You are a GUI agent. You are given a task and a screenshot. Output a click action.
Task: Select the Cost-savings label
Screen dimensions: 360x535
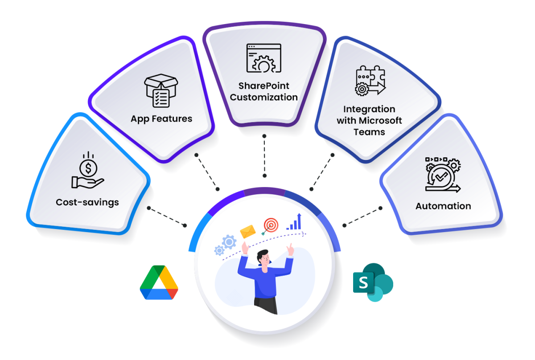tap(87, 202)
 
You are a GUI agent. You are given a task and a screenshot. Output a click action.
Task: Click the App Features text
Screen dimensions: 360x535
tap(161, 119)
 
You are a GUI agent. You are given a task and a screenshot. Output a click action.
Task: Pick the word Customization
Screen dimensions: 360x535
tap(264, 97)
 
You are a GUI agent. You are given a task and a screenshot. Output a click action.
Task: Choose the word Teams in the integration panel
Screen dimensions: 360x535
tap(369, 132)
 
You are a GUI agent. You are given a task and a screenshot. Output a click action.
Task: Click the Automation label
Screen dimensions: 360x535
tap(443, 206)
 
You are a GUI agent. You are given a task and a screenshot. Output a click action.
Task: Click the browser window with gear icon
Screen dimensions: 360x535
tap(264, 58)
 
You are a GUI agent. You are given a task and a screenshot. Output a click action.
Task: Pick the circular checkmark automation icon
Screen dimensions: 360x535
tap(443, 175)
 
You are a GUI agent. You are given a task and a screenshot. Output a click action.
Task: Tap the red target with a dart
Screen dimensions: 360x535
tap(270, 225)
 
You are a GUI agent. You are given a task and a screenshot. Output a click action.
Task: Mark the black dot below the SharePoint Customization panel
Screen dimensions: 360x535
tap(264, 135)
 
